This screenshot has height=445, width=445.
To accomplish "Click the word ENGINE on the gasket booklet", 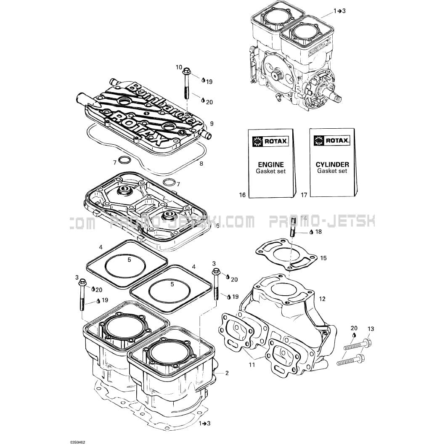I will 270,164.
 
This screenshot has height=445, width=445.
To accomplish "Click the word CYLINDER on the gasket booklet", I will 332,164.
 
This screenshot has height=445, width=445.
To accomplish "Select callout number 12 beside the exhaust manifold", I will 322,299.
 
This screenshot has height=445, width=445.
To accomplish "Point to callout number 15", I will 323,258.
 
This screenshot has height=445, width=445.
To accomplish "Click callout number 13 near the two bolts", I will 371,328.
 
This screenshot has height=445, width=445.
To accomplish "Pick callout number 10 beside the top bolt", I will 179,67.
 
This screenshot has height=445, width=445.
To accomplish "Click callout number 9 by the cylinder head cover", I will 212,124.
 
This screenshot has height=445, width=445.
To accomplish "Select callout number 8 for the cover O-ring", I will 201,163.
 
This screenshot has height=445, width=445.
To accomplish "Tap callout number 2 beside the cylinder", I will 227,373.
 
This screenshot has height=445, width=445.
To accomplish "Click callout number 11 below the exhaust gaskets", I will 252,365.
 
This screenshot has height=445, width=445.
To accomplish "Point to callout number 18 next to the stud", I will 318,231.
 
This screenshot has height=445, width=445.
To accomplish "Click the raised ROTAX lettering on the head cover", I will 135,124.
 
